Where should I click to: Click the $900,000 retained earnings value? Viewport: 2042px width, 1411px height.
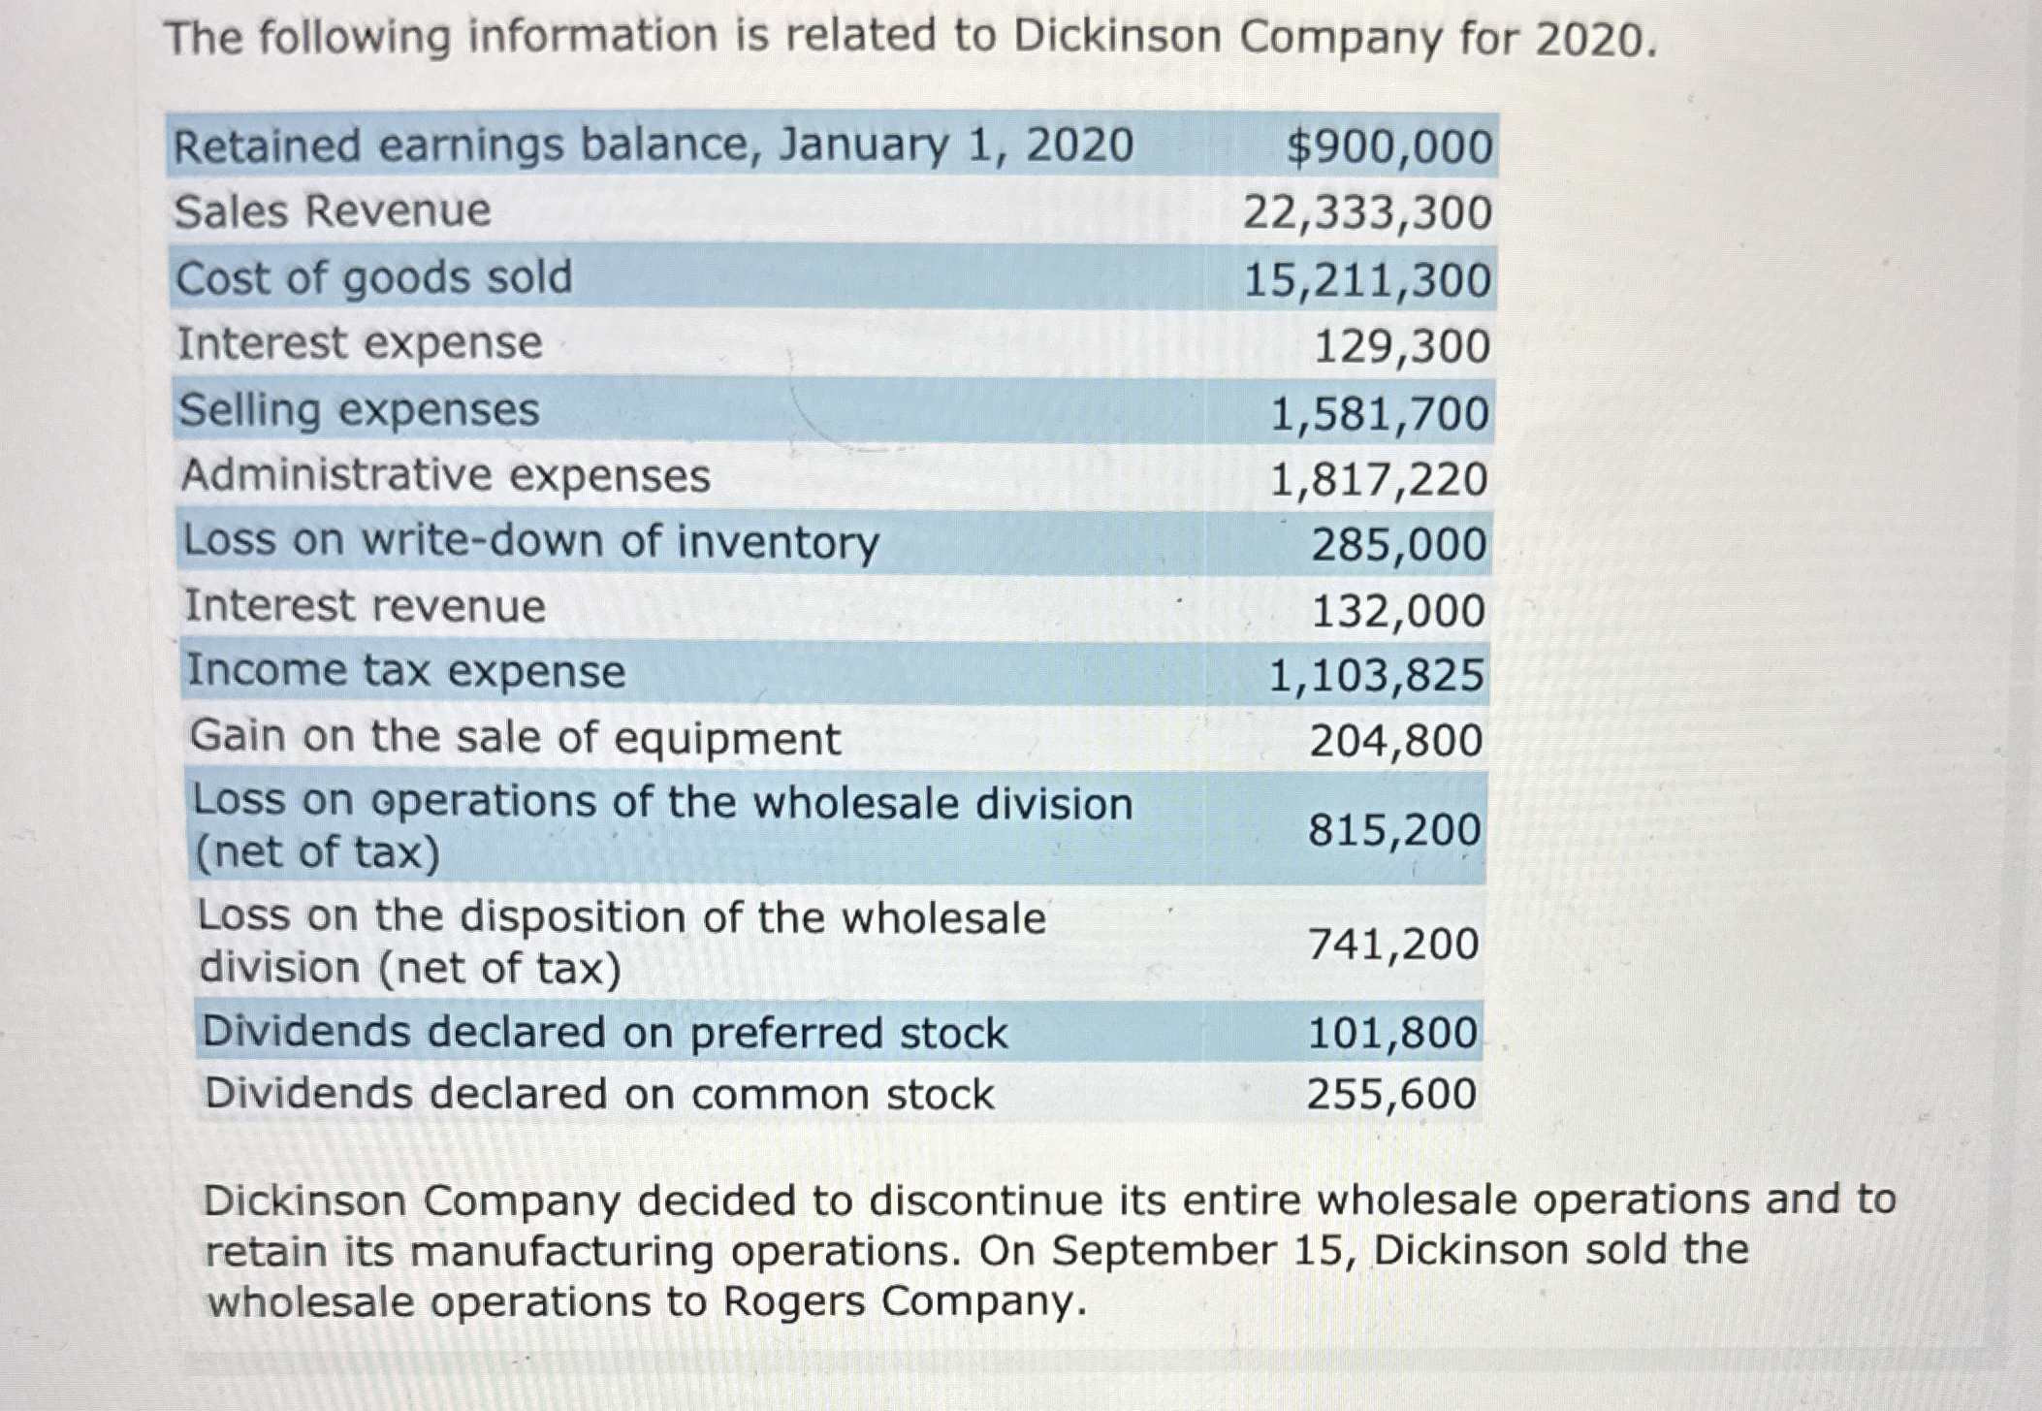(1388, 147)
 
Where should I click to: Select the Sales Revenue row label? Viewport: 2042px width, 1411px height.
(333, 211)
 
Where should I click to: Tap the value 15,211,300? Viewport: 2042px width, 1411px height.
(1367, 280)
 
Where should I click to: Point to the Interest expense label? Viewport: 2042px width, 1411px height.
(360, 343)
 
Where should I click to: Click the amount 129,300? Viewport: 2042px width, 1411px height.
(1401, 346)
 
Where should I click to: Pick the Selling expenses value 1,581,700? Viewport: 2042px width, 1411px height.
(1379, 414)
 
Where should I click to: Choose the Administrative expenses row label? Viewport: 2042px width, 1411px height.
(446, 475)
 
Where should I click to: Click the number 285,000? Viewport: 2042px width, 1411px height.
(1398, 545)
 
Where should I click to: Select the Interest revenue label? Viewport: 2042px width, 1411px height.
(365, 606)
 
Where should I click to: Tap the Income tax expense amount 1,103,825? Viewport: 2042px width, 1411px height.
(1376, 675)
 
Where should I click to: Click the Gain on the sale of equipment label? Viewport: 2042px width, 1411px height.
(515, 737)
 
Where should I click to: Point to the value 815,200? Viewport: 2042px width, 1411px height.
(1393, 830)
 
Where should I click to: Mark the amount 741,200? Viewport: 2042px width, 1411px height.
(1393, 944)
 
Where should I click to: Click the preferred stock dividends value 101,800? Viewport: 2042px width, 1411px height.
(1392, 1033)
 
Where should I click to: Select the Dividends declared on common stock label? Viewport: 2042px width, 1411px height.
(599, 1095)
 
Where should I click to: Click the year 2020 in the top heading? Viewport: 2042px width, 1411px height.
(1589, 41)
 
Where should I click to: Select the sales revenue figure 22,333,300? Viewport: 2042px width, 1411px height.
(1367, 213)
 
